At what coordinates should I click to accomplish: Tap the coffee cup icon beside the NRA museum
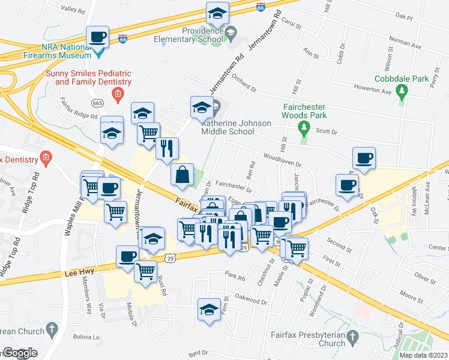coord(98,37)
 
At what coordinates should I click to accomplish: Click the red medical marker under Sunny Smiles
coord(118,93)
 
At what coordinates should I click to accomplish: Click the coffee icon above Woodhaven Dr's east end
coord(364,158)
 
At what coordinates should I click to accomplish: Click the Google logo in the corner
coord(20,353)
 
